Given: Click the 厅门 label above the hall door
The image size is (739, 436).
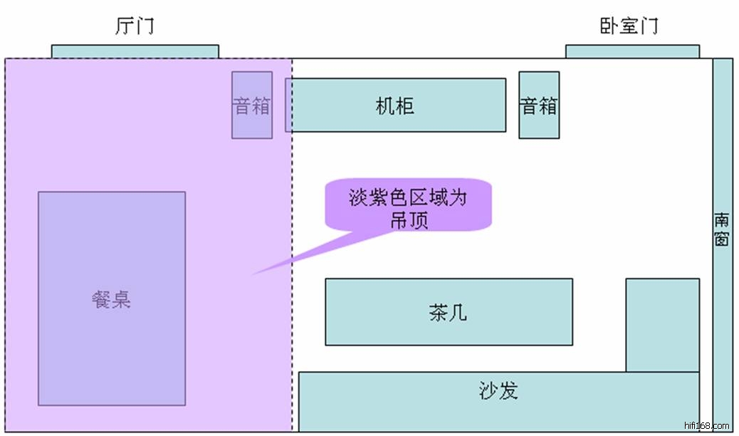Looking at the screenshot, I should tap(134, 26).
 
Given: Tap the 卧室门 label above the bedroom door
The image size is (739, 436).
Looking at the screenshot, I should tap(628, 26).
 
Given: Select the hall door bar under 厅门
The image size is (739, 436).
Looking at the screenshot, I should tap(135, 51).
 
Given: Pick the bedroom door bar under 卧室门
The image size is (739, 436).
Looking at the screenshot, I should tap(632, 51).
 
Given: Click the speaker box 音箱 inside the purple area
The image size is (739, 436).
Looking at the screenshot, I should tap(252, 105).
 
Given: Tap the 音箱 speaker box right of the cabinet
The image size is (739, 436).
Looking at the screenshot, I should tap(539, 105).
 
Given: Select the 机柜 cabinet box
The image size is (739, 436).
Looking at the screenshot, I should tap(396, 105).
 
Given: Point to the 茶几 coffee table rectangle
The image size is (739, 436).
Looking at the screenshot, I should tap(449, 312).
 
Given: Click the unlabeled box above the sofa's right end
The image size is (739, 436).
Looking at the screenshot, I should tap(662, 325).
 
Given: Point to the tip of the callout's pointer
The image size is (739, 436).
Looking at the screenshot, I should tap(253, 274).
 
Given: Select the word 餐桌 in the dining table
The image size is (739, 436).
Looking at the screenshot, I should tap(112, 299).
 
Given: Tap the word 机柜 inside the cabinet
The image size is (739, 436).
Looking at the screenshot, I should tap(395, 106).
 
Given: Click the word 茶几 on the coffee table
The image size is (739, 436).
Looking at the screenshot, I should tap(449, 313).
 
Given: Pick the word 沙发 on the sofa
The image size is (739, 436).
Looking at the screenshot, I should tap(498, 390).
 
